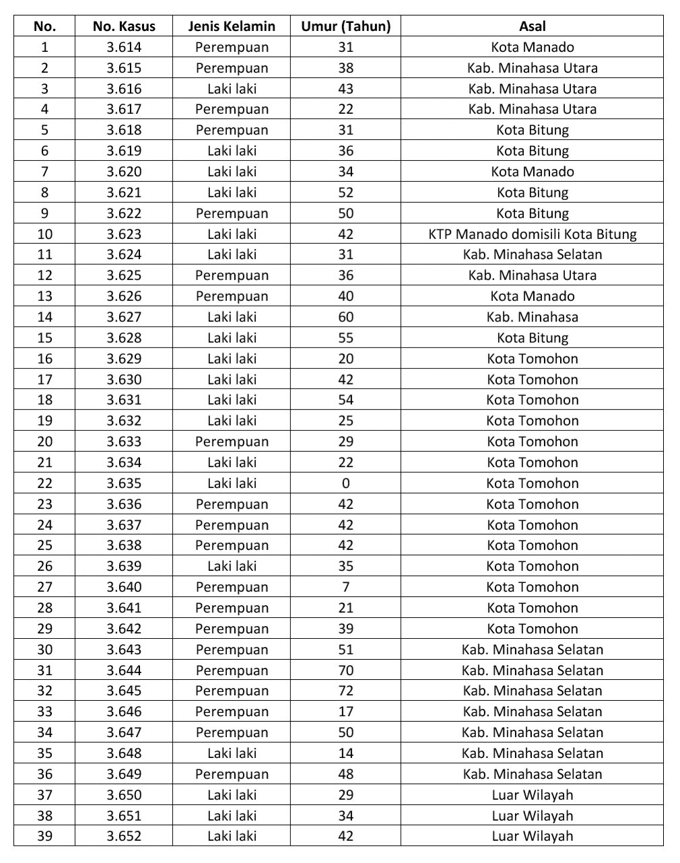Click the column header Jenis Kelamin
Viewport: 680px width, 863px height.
point(232,26)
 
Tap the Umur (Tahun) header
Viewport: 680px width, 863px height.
point(345,26)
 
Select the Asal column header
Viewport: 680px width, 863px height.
point(532,26)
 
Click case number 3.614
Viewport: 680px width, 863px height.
point(124,47)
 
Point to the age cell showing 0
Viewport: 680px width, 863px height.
point(345,483)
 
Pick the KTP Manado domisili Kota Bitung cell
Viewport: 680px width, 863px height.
point(532,234)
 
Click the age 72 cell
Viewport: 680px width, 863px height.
point(345,691)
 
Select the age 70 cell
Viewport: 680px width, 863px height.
point(345,670)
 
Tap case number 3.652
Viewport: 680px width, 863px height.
point(124,836)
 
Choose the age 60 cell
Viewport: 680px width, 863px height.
point(345,317)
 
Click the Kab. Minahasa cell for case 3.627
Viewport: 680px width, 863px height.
point(532,317)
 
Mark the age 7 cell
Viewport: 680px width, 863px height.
point(345,587)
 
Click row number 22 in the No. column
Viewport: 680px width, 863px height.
point(44,483)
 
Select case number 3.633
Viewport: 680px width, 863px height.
point(124,442)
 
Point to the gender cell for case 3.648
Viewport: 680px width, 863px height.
point(232,753)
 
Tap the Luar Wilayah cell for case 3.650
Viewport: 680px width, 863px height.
point(532,795)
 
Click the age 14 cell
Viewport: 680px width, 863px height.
point(345,753)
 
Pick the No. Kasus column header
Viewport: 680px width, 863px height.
point(124,26)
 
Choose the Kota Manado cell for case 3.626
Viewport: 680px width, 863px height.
point(532,296)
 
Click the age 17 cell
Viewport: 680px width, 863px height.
point(345,712)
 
